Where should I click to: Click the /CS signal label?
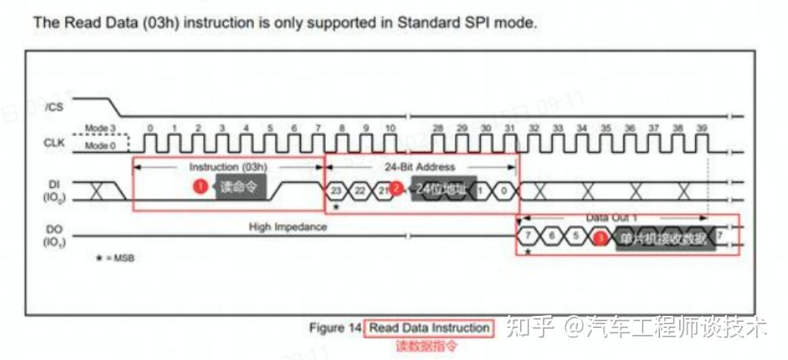[x=53, y=107]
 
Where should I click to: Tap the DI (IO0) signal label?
[x=53, y=190]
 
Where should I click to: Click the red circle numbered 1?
[x=200, y=186]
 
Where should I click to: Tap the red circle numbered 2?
[x=396, y=188]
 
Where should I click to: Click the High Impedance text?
[x=287, y=226]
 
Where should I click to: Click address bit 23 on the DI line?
[x=337, y=190]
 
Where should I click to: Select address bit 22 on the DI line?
[x=360, y=190]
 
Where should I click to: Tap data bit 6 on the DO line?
[x=550, y=237]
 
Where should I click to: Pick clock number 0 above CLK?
[x=151, y=129]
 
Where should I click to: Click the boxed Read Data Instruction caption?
[x=429, y=328]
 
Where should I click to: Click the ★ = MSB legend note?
[x=113, y=259]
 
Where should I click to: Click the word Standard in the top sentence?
[x=424, y=24]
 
